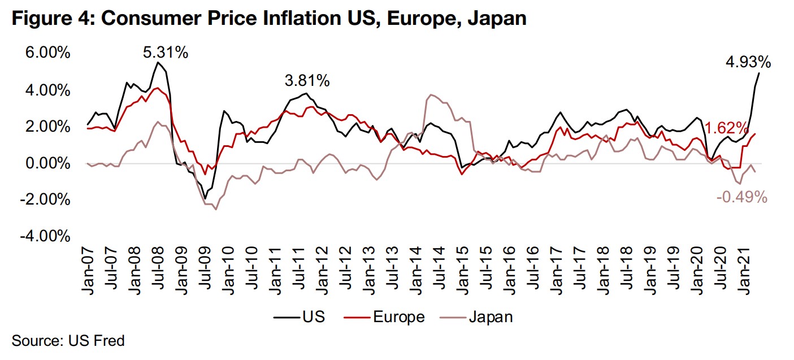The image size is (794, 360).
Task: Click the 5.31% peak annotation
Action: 165,53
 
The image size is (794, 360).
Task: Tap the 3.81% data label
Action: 307,81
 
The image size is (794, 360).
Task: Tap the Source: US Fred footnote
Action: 67,341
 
